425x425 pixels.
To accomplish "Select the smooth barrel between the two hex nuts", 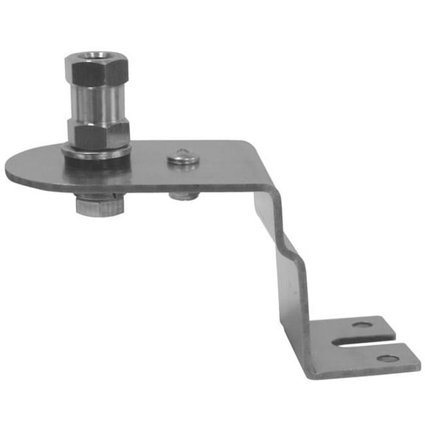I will [96, 103].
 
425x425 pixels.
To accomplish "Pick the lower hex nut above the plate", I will [98, 134].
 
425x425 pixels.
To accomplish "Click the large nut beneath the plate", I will [99, 204].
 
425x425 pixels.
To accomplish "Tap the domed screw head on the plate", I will [182, 156].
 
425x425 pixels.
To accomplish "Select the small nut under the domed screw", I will [183, 196].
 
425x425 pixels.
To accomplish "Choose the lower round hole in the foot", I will [387, 359].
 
